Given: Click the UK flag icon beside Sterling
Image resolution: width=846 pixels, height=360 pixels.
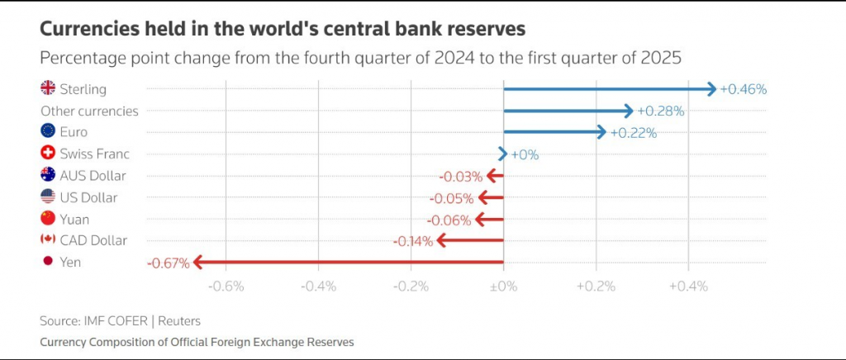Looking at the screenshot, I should click(48, 88).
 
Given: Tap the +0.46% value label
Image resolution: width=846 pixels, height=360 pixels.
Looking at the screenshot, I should click(744, 89).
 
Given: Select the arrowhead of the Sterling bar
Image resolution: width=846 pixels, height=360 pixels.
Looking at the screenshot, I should click(711, 88).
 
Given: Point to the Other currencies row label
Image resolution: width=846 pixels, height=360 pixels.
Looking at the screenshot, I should click(89, 111).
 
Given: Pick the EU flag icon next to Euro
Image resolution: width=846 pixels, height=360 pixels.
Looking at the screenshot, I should click(48, 131).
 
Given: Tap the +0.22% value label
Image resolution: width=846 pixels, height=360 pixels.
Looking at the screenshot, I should click(634, 132).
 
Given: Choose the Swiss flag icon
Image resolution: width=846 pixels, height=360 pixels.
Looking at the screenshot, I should click(48, 154).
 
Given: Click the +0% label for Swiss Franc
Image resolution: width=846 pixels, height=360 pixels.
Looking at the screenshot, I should click(525, 154).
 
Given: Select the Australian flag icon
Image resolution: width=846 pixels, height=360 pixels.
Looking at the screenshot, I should click(48, 175).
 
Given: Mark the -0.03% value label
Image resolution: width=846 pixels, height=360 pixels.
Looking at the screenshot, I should click(459, 176).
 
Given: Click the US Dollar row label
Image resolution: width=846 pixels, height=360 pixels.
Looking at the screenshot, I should click(88, 197).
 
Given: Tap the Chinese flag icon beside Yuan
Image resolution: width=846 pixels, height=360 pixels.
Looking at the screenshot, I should click(48, 219).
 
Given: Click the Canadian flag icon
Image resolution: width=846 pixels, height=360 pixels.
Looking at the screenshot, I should click(48, 240).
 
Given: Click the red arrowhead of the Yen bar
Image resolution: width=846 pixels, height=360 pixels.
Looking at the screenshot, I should click(198, 263).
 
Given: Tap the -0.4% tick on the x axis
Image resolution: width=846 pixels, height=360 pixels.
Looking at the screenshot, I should click(319, 287).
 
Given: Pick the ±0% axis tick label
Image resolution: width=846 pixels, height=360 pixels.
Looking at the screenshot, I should click(503, 287).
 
